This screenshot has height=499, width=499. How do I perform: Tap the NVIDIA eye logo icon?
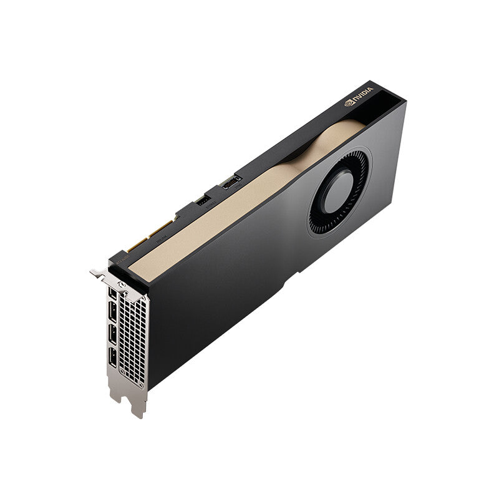(x=349, y=104)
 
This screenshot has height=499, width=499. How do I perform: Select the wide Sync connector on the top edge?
(x=230, y=183)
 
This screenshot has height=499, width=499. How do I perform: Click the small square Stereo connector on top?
(x=203, y=200)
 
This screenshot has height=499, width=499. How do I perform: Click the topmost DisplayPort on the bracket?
(x=112, y=293)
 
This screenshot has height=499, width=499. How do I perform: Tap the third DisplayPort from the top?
(x=113, y=335)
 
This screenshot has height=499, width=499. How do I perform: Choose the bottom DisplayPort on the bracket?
(x=114, y=357)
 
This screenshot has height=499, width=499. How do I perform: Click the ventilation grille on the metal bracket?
(x=132, y=340)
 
